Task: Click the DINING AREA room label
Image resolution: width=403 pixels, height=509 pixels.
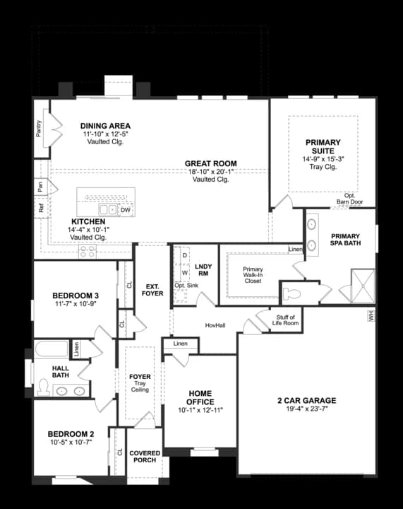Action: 105,126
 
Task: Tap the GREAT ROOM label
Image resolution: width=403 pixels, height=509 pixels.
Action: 211,163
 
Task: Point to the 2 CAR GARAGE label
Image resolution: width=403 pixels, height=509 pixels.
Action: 306,400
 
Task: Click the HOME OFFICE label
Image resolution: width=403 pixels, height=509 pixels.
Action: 200,397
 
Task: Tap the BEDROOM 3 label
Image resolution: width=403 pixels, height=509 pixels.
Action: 75,295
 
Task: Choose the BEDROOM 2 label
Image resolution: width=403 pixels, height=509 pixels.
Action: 71,434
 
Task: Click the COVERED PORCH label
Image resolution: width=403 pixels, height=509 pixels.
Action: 144,456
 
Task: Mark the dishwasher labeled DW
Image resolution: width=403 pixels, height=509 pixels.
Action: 125,210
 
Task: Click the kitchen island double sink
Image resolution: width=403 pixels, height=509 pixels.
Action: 107,210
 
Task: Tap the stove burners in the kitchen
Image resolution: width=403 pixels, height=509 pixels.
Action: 87,250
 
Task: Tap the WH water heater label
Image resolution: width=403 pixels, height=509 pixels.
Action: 370,316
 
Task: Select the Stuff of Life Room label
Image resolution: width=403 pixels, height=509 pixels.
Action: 287,320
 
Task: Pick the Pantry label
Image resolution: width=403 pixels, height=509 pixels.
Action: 39,129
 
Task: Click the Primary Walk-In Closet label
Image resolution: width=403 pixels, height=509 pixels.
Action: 253,275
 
